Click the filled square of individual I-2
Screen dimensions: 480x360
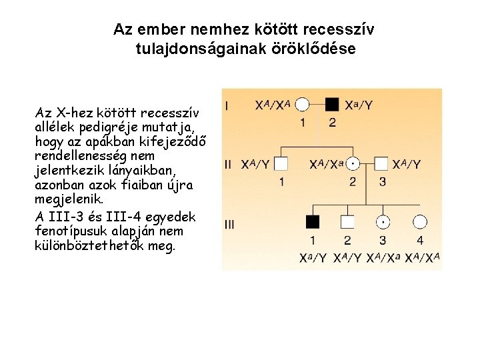tap(332, 105)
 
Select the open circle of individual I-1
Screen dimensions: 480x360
tap(303, 105)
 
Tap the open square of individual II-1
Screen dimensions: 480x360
tap(281, 164)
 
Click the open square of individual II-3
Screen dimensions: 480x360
tap(381, 164)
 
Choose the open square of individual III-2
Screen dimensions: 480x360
tap(347, 223)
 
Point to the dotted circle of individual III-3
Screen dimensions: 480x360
tap(383, 223)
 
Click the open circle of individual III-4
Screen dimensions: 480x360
tap(419, 223)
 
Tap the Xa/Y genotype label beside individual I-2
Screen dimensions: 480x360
tap(359, 105)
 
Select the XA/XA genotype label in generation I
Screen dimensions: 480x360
tap(273, 105)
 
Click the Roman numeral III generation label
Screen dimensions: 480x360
tap(229, 224)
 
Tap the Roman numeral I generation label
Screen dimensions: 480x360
tap(228, 105)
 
